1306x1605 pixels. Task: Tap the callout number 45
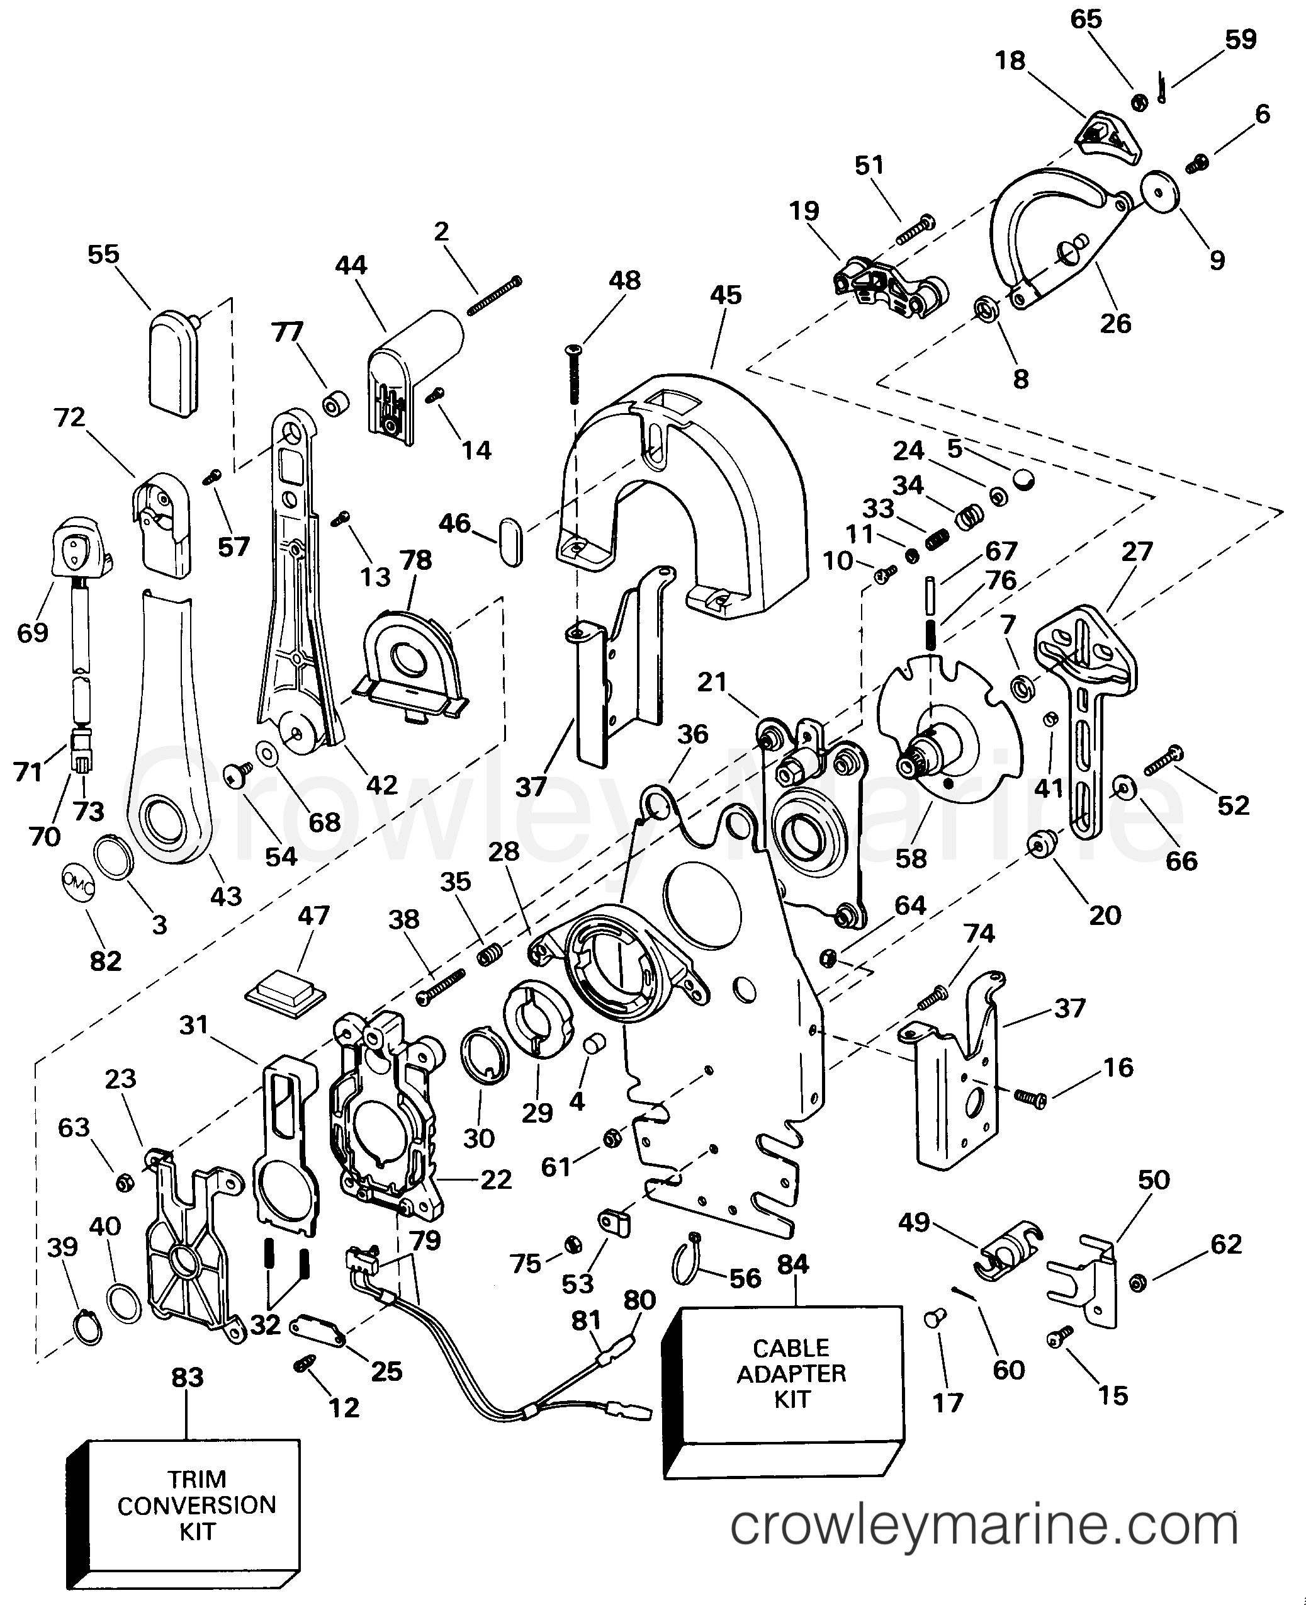tap(725, 294)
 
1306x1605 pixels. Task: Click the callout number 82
tap(105, 961)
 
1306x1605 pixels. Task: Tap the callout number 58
tap(911, 857)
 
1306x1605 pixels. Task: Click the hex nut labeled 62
tap(1138, 1282)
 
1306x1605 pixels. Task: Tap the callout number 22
tap(496, 1179)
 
